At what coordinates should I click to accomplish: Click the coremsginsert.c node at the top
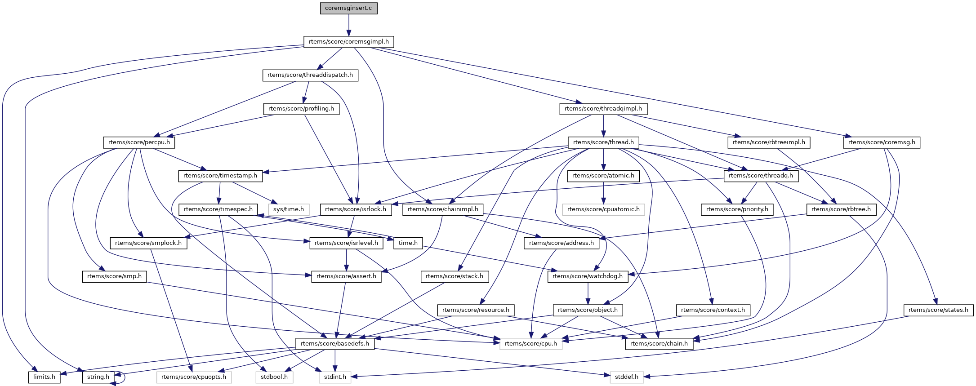pos(348,8)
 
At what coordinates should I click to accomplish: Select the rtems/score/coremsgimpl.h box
pos(348,42)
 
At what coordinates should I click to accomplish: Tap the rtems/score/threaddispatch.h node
pos(310,75)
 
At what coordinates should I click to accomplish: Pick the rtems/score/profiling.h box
pos(301,109)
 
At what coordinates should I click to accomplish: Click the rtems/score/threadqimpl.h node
pos(603,109)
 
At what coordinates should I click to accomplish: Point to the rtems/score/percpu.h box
pos(139,142)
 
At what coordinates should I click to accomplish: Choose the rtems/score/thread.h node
pos(603,142)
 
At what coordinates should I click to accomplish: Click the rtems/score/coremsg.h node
pos(882,142)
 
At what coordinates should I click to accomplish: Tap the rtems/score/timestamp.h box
pos(220,176)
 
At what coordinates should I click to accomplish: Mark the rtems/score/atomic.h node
pos(603,176)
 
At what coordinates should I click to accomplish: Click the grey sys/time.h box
pos(289,209)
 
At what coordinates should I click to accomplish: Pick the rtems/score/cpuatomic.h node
pos(603,209)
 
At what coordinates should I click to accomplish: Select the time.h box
pos(408,243)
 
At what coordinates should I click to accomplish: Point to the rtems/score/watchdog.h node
pos(588,276)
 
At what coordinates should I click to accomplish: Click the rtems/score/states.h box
pos(938,310)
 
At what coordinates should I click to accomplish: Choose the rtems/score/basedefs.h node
pos(335,344)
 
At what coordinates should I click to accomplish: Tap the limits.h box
pos(44,377)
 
